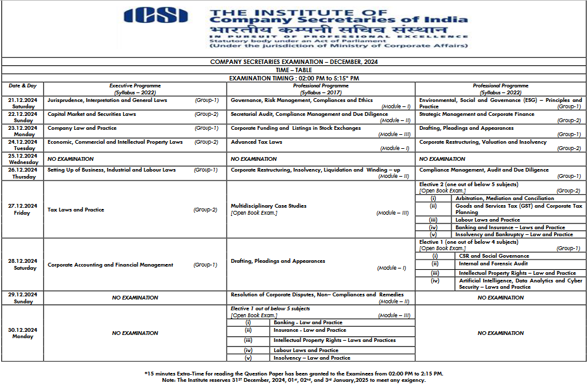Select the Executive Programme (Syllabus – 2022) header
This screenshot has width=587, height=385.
[135, 89]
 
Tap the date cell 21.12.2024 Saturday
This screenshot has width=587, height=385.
[22, 103]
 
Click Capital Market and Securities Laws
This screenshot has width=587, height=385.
[92, 114]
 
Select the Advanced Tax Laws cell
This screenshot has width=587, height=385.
[256, 142]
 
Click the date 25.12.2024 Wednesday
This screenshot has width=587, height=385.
[22, 159]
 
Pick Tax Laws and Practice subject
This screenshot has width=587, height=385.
[76, 210]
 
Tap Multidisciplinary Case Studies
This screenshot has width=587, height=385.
[268, 206]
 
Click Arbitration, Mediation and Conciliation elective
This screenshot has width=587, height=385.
[496, 198]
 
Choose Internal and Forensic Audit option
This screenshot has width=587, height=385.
[484, 263]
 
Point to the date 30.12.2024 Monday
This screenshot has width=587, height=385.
[22, 333]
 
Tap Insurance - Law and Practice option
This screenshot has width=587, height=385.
[310, 330]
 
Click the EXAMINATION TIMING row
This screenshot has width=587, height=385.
[294, 78]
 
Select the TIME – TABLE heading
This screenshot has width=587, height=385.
[293, 69]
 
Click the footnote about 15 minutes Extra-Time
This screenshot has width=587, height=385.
[294, 373]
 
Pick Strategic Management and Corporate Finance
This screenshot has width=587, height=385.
[477, 114]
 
